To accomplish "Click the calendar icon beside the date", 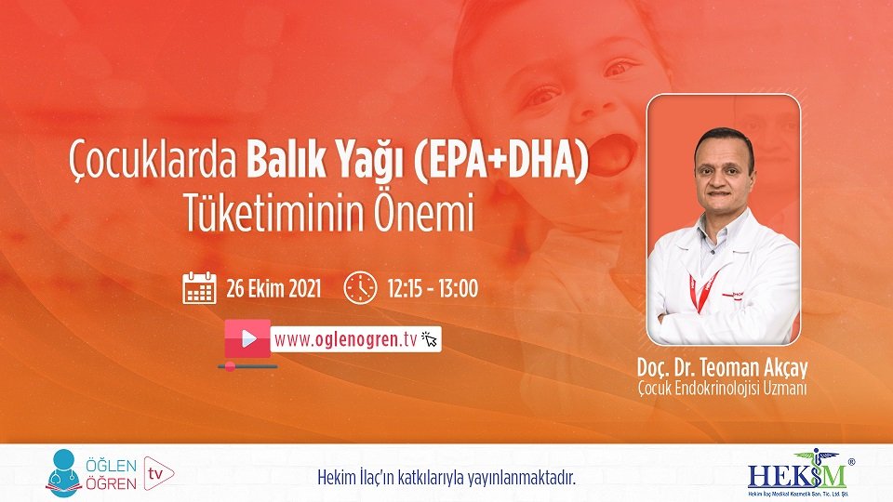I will click(199, 288).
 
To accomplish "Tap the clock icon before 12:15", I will click(359, 288).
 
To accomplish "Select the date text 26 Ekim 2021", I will click(273, 288).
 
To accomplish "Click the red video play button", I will click(247, 338).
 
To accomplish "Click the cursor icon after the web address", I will click(430, 339).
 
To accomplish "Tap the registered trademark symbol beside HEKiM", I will click(851, 460).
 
